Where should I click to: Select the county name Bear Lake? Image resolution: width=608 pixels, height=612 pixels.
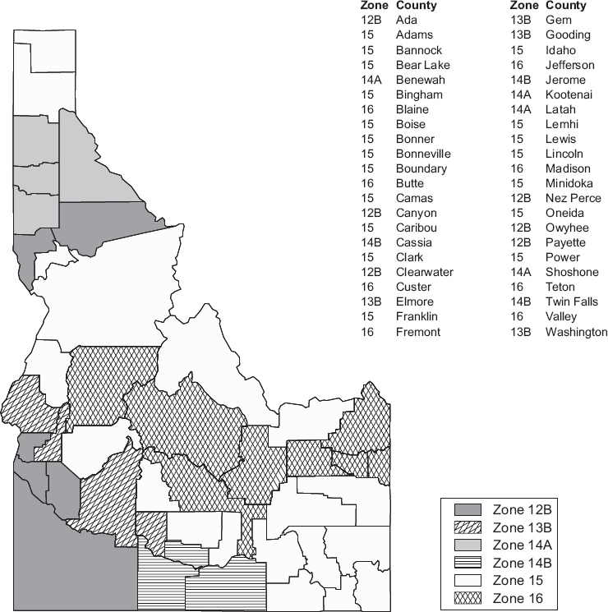pos(422,65)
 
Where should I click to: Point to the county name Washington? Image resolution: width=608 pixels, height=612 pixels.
pos(577,332)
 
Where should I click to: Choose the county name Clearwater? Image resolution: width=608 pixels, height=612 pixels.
pos(424,272)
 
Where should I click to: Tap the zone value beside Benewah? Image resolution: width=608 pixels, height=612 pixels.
pos(371,80)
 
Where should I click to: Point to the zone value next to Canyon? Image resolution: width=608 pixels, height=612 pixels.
pos(371,213)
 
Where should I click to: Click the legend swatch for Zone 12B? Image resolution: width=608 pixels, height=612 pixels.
pos(464,511)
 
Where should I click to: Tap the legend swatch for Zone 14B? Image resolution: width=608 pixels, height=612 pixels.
pos(464,563)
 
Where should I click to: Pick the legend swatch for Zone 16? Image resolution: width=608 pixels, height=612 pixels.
pos(464,598)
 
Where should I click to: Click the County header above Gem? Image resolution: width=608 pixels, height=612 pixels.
pos(566,6)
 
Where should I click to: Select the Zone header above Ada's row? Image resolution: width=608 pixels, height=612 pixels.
pos(374,6)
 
